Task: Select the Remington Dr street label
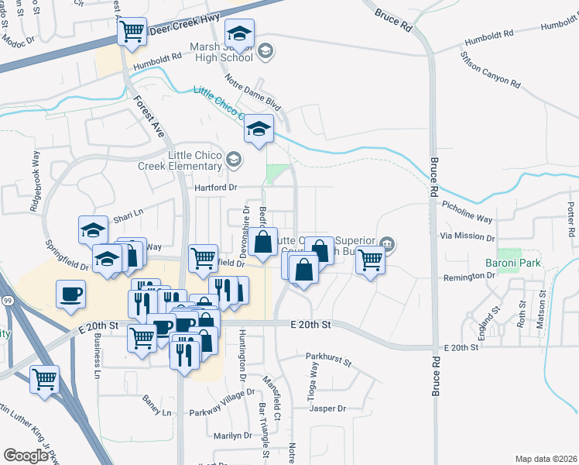pyautogui.click(x=468, y=277)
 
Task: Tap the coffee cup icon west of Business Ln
pyautogui.click(x=71, y=294)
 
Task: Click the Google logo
pyautogui.click(x=26, y=455)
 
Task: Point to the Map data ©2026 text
pyautogui.click(x=545, y=459)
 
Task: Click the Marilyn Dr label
pyautogui.click(x=234, y=436)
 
